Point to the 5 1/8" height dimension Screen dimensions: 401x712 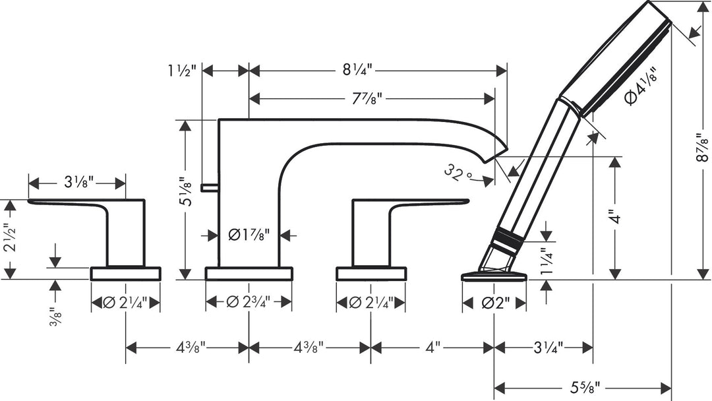pyautogui.click(x=188, y=196)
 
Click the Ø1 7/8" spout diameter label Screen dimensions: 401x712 pyautogui.click(x=249, y=234)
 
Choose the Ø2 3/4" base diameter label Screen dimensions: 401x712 pyautogui.click(x=249, y=302)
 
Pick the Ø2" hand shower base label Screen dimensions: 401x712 pyautogui.click(x=494, y=303)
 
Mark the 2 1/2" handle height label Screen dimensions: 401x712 pyautogui.click(x=9, y=240)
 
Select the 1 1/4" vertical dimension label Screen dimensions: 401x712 pyautogui.click(x=545, y=261)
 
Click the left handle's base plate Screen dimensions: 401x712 pyautogui.click(x=125, y=274)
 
